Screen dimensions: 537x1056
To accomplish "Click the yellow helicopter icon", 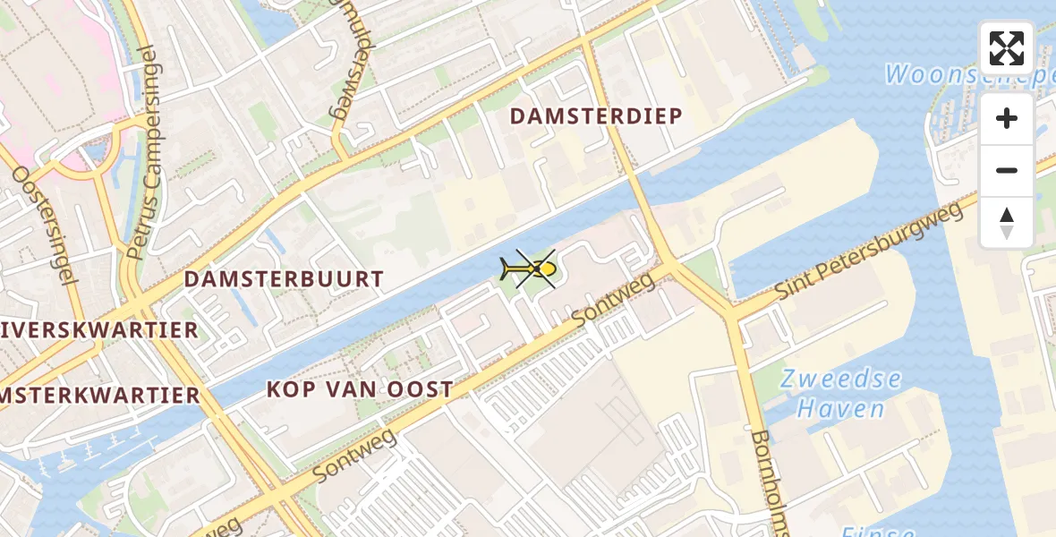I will [529, 268].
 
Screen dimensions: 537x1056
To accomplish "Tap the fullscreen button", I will [1007, 48].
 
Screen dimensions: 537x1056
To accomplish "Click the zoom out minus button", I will [1007, 170].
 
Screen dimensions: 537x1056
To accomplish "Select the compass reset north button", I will [1007, 222].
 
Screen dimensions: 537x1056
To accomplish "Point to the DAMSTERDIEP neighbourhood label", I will [596, 116].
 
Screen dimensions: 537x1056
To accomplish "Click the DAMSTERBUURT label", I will [284, 279].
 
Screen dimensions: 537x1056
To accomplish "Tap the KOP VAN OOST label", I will [360, 389].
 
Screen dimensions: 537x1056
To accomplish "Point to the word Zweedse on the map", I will [840, 379].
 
